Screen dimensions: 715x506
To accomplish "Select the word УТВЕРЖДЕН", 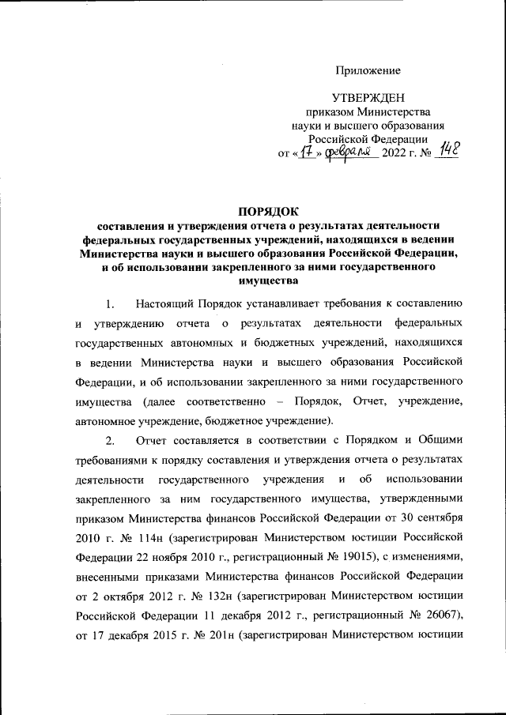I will click(x=369, y=98).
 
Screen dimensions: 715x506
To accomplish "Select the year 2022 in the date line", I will click(x=395, y=152).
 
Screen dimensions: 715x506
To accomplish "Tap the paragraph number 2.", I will click(x=111, y=438).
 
